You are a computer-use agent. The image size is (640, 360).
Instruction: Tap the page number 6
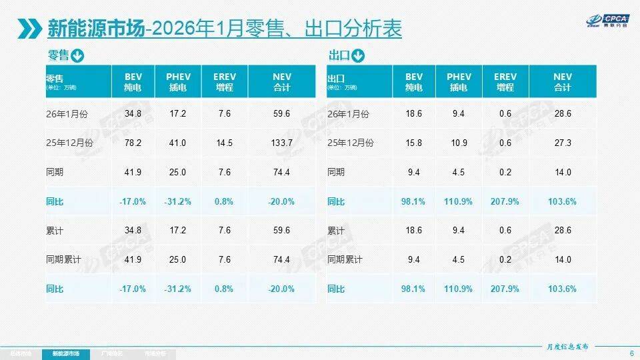[631, 353]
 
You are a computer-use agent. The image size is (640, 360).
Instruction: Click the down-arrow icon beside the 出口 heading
[358, 55]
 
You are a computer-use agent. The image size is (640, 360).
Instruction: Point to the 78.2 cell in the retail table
[133, 143]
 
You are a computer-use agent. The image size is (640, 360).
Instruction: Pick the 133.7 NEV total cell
[282, 143]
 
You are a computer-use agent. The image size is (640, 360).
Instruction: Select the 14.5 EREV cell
[225, 143]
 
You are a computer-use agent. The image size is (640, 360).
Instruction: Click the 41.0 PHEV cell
[178, 143]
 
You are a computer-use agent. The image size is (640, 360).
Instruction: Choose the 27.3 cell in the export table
[563, 143]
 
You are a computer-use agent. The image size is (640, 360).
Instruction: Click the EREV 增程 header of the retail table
[225, 82]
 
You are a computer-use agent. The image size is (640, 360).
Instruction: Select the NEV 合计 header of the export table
[563, 82]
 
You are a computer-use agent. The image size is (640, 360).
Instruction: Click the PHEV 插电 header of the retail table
[178, 82]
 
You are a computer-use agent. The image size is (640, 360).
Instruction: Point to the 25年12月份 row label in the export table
[351, 143]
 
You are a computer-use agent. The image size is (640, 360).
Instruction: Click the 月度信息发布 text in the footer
[568, 347]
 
